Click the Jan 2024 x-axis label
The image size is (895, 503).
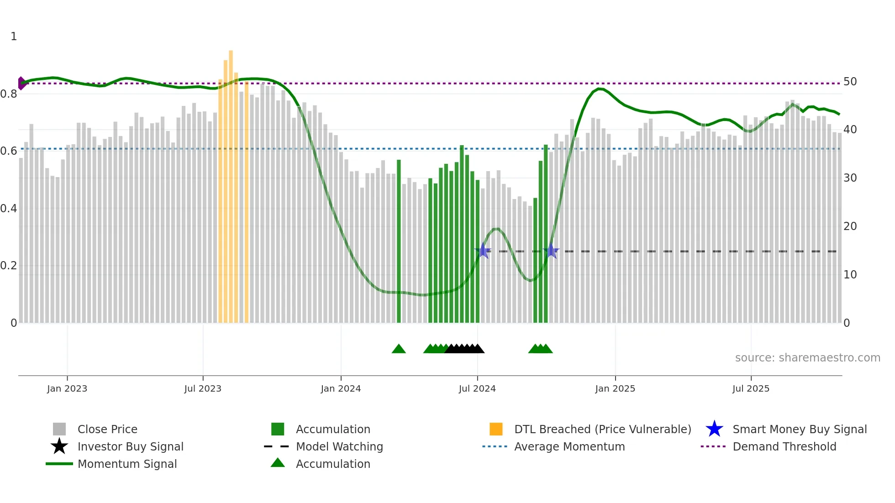pyautogui.click(x=341, y=388)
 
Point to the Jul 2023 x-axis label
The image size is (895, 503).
pyautogui.click(x=203, y=388)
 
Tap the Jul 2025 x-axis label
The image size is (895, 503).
pyautogui.click(x=751, y=388)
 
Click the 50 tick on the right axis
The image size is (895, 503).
pyautogui.click(x=850, y=82)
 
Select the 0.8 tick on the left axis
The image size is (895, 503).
pyautogui.click(x=9, y=94)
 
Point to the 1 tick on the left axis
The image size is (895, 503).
pyautogui.click(x=14, y=37)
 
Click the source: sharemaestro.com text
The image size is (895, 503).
pyautogui.click(x=807, y=358)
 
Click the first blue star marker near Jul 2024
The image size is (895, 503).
pyautogui.click(x=483, y=251)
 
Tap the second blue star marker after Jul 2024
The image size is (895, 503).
pyautogui.click(x=551, y=251)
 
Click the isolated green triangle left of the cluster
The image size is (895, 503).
pyautogui.click(x=399, y=349)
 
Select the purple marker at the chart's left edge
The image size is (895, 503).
pyautogui.click(x=21, y=83)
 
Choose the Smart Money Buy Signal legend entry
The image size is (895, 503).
pyautogui.click(x=799, y=430)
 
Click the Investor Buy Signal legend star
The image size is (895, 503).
pyautogui.click(x=59, y=446)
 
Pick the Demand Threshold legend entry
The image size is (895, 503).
pyautogui.click(x=784, y=447)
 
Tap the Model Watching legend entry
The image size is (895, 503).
pyautogui.click(x=339, y=447)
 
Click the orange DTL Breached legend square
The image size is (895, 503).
pyautogui.click(x=496, y=429)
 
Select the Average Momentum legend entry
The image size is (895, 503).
pyautogui.click(x=569, y=447)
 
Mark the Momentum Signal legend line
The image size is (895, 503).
pyautogui.click(x=59, y=464)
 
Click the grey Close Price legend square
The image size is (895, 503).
pyautogui.click(x=59, y=429)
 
